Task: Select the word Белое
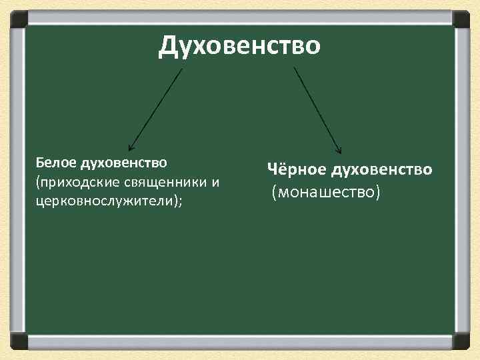(57, 162)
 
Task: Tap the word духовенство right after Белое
(125, 162)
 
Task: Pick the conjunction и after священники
(215, 182)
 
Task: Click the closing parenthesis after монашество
(377, 193)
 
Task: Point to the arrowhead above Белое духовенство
(131, 145)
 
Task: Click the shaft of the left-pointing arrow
(157, 107)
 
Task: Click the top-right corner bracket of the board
(461, 19)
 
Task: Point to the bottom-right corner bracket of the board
(461, 341)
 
